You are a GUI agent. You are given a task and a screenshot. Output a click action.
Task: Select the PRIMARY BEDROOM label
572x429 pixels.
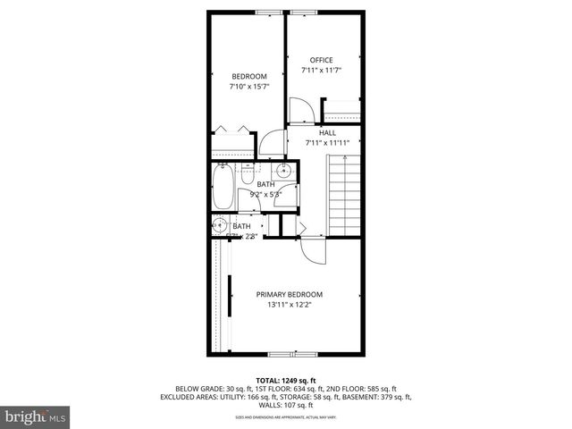(x=289, y=294)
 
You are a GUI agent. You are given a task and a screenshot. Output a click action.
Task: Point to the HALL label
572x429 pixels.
(x=315, y=132)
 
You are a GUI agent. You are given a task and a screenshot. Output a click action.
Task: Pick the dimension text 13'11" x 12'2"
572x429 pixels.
(x=289, y=304)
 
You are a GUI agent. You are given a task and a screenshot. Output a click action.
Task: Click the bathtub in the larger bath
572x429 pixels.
(x=223, y=189)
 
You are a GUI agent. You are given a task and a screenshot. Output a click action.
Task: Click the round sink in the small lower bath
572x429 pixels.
(x=220, y=225)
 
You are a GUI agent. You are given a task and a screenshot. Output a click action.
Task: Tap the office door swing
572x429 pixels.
(x=302, y=109)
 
